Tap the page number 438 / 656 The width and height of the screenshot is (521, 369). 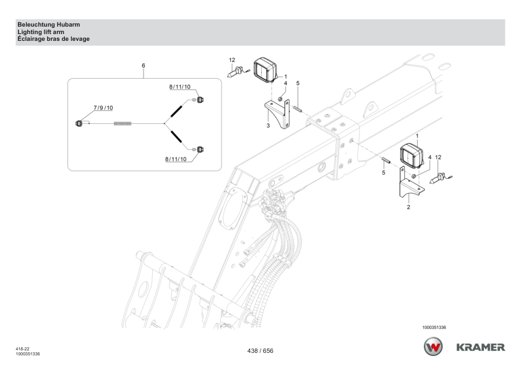pos(260,350)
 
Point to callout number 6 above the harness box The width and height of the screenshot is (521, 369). pos(144,65)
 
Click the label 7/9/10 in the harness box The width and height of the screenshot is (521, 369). pos(103,108)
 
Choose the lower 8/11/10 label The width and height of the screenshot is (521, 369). pos(176,159)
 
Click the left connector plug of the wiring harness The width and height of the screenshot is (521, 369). pos(79,123)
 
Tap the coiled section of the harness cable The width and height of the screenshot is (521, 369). pos(124,124)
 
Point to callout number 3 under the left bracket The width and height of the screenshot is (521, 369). pos(267,125)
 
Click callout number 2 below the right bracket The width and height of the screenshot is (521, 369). pos(408,207)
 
